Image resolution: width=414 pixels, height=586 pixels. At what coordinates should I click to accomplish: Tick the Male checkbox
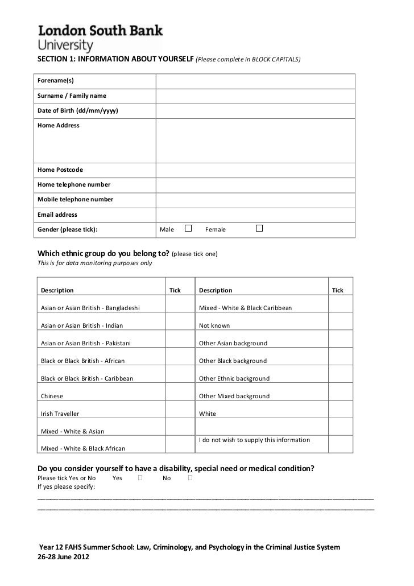(x=188, y=228)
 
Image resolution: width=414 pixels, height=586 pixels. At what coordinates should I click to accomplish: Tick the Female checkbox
(x=259, y=228)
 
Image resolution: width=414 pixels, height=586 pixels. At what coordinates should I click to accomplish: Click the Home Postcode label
(x=60, y=170)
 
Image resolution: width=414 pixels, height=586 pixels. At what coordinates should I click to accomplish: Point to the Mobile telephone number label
(x=75, y=200)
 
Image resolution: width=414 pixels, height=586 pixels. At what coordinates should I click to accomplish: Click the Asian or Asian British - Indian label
(x=82, y=326)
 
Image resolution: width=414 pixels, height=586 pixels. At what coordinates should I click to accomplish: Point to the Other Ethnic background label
(x=234, y=378)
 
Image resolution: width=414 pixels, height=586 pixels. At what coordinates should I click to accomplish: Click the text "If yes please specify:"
(x=67, y=487)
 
